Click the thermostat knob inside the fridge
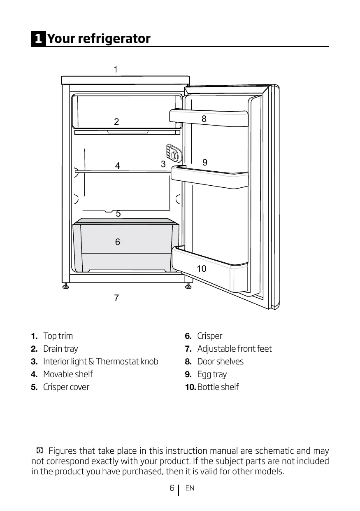[x=174, y=156]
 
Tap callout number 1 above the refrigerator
[x=116, y=70]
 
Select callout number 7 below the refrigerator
[x=116, y=298]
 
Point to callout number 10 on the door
[x=201, y=269]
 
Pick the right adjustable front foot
[x=188, y=286]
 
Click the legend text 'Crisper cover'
[x=66, y=387]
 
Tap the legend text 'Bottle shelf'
[x=218, y=387]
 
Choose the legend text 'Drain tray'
[x=60, y=349]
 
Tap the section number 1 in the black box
[x=38, y=39]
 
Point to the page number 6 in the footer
[x=172, y=488]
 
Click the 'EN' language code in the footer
[x=190, y=488]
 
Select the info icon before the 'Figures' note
[x=39, y=451]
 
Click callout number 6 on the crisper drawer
[x=118, y=242]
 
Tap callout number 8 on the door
[x=204, y=119]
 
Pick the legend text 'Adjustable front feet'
[x=235, y=349]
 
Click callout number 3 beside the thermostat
[x=163, y=164]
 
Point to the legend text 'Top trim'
[x=58, y=336]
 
